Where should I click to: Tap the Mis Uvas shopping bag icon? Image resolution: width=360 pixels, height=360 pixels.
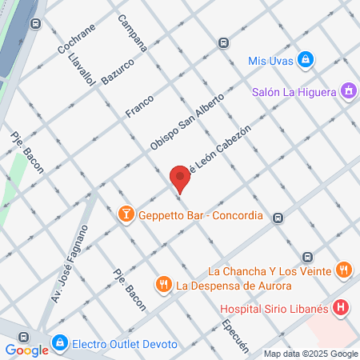[305, 60]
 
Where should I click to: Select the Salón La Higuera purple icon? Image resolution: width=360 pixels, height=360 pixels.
[347, 91]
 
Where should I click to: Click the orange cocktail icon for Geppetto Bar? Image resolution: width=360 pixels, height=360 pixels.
[126, 214]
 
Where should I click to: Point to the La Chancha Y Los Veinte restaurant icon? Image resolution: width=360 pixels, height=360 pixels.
[343, 270]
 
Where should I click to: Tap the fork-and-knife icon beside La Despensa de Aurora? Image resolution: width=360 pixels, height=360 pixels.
[164, 284]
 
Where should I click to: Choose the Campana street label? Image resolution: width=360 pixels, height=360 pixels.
[131, 34]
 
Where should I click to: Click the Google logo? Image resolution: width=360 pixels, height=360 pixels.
[27, 350]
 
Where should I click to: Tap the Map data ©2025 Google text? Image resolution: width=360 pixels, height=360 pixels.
[311, 354]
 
